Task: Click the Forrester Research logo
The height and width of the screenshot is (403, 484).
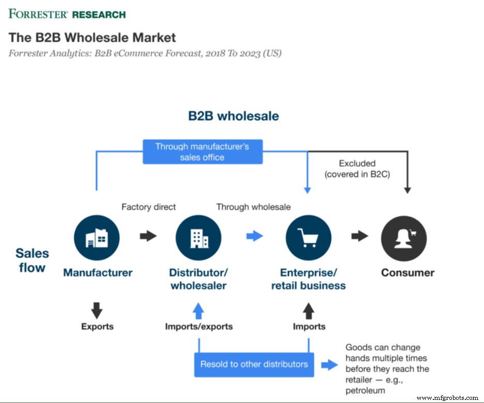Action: (x=67, y=13)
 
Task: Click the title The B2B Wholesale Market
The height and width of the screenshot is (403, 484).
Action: (x=92, y=38)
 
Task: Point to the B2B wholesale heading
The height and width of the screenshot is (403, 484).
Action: (x=233, y=116)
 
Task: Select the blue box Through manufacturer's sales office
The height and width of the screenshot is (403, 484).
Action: (x=202, y=152)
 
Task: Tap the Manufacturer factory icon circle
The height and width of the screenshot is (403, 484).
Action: (x=97, y=238)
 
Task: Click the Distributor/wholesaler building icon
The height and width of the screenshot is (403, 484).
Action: (x=198, y=238)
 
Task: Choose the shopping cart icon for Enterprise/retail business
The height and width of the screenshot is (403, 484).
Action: (x=308, y=238)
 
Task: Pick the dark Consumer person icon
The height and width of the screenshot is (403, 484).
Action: (x=404, y=238)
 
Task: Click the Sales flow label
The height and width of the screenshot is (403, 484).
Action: (x=32, y=260)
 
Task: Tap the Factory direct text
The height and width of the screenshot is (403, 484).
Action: (x=148, y=207)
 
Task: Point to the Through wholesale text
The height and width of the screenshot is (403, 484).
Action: (x=253, y=207)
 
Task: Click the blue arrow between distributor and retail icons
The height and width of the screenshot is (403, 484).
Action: (x=254, y=236)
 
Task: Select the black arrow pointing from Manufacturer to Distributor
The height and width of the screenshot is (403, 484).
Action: (x=148, y=236)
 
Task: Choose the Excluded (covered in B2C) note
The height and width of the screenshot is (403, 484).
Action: (x=357, y=169)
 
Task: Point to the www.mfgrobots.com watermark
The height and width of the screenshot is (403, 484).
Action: (x=447, y=398)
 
